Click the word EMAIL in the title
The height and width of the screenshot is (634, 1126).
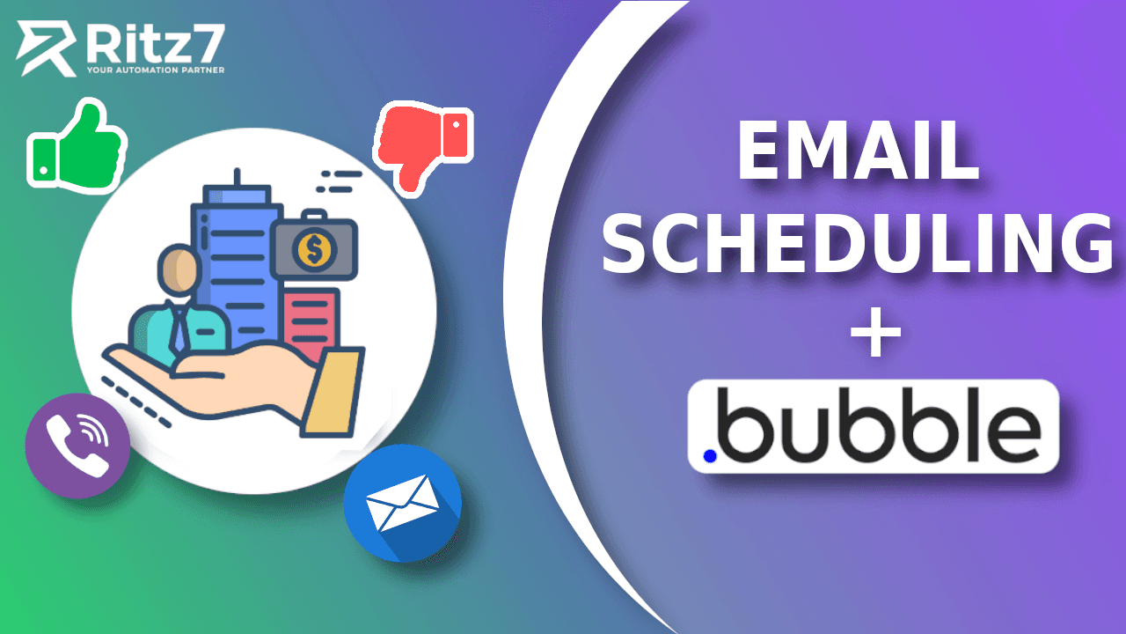[x=858, y=151]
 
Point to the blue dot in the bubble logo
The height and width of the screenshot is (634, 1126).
[x=710, y=455]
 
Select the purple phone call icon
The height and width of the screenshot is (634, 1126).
[x=77, y=446]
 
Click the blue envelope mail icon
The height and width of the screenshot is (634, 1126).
[x=403, y=503]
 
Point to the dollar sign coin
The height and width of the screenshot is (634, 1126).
[x=314, y=250]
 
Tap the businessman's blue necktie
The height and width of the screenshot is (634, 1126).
[x=180, y=330]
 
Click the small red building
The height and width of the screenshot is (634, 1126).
[x=311, y=321]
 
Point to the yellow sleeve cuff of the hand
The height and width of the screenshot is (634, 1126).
[x=333, y=392]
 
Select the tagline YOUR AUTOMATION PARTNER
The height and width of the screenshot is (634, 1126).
[x=155, y=69]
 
